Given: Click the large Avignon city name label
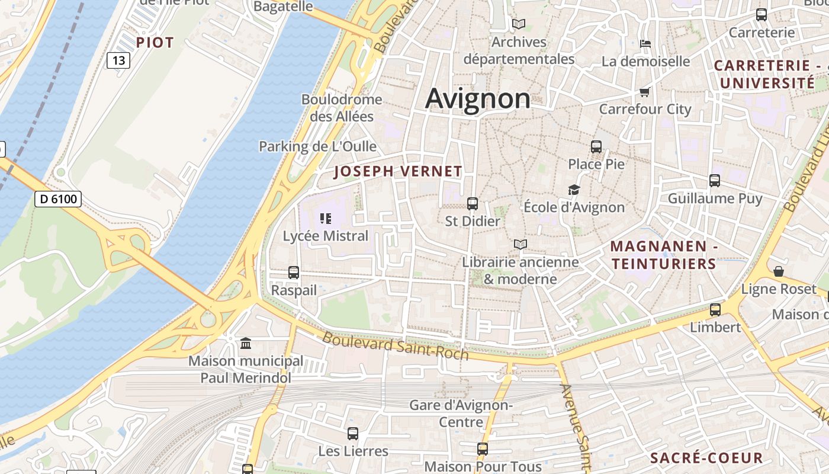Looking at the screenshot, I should (x=478, y=98).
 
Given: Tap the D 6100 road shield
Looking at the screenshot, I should (x=58, y=199).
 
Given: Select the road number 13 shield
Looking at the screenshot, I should (x=118, y=60).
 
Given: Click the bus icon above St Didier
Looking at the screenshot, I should (x=473, y=204).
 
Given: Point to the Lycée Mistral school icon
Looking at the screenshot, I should (x=325, y=219).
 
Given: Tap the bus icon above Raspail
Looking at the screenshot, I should (x=294, y=273).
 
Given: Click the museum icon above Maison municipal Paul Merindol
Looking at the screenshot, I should (x=245, y=344).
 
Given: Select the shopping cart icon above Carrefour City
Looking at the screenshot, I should (x=644, y=92).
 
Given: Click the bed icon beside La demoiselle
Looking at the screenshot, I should (x=645, y=44).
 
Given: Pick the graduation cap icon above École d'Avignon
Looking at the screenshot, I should (x=574, y=190).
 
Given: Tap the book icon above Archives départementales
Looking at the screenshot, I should (x=519, y=24).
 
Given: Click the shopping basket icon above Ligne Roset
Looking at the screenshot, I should (x=779, y=271).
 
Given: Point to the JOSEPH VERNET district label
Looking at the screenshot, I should (x=398, y=172).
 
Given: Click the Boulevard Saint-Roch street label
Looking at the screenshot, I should (x=395, y=346).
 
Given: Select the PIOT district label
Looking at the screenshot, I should (x=155, y=43).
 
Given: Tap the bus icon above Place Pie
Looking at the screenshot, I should (x=596, y=146).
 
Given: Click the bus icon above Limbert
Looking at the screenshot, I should (x=715, y=309).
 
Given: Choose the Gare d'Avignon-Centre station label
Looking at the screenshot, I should (x=461, y=414).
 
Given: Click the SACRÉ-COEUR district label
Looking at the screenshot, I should (x=706, y=458).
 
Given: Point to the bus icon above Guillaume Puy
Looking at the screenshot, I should (x=715, y=181).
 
